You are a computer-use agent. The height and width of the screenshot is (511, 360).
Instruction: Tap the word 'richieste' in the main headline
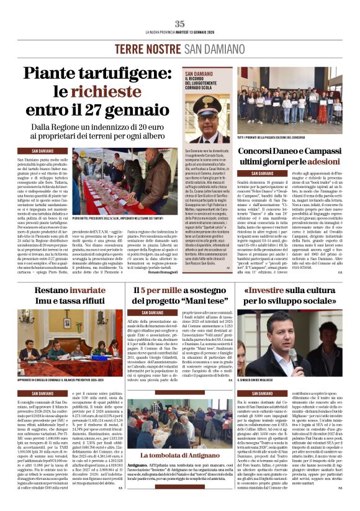click(117, 91)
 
